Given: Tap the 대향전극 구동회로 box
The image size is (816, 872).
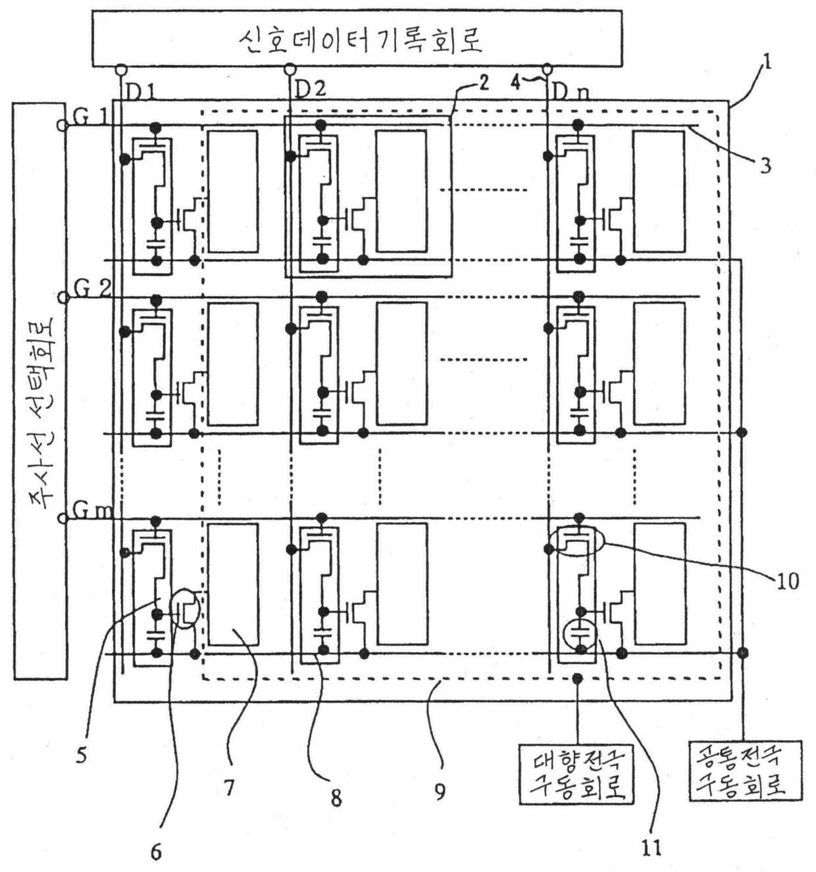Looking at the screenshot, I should (x=576, y=773).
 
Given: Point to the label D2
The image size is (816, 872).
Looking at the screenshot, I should (x=310, y=89).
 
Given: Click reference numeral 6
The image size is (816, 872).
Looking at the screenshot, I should (x=156, y=852).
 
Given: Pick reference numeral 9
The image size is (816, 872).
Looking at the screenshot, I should (x=440, y=790).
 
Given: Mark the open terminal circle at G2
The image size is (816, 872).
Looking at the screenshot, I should (x=64, y=297).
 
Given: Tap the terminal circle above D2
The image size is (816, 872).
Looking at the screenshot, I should (x=288, y=68).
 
